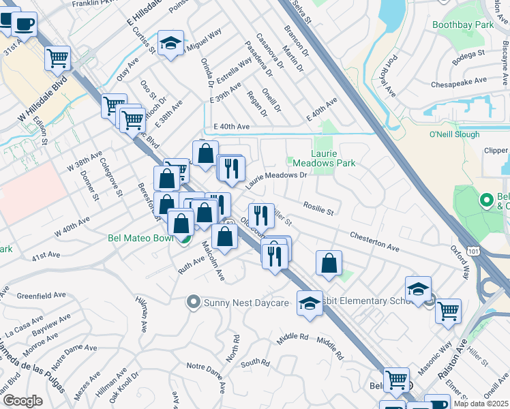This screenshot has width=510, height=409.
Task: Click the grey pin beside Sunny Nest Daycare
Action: tap(194, 301)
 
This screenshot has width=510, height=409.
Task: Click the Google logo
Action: tap(22, 401)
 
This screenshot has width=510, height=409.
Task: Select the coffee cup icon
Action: tap(25, 24)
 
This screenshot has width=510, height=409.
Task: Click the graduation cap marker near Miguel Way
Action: tap(170, 44)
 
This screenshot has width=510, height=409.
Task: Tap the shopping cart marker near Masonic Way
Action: tap(448, 312)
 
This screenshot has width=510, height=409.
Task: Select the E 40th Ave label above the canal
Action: tap(231, 127)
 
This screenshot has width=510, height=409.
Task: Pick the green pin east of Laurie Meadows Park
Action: tap(486, 200)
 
